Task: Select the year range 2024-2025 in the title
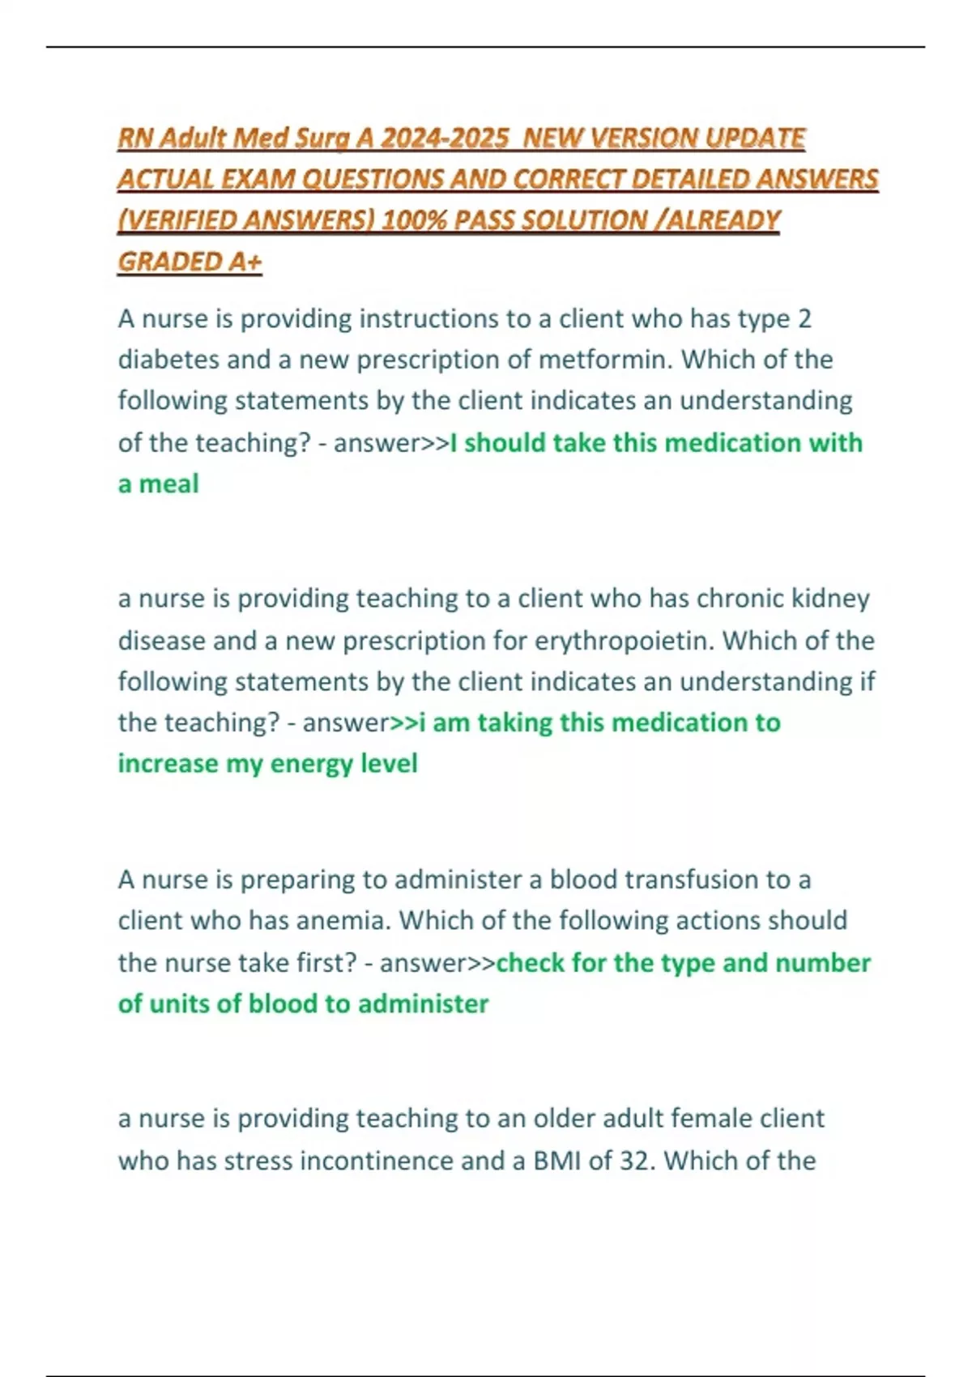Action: (x=445, y=139)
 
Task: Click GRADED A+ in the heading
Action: (x=190, y=262)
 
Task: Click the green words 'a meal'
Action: (x=158, y=484)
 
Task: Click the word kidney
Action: (x=829, y=599)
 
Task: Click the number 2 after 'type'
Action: (x=804, y=319)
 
